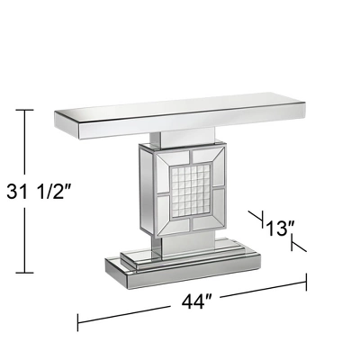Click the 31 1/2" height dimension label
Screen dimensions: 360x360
[39, 192]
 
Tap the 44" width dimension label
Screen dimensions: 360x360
[197, 301]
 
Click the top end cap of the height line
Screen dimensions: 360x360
[24, 110]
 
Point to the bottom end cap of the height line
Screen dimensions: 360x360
[24, 273]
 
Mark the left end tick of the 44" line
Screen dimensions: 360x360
[78, 322]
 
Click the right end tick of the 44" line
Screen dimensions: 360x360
[306, 282]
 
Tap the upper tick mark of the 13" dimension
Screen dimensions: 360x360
[256, 217]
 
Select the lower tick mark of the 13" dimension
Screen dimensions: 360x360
[299, 244]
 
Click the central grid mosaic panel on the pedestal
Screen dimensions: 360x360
[191, 191]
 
